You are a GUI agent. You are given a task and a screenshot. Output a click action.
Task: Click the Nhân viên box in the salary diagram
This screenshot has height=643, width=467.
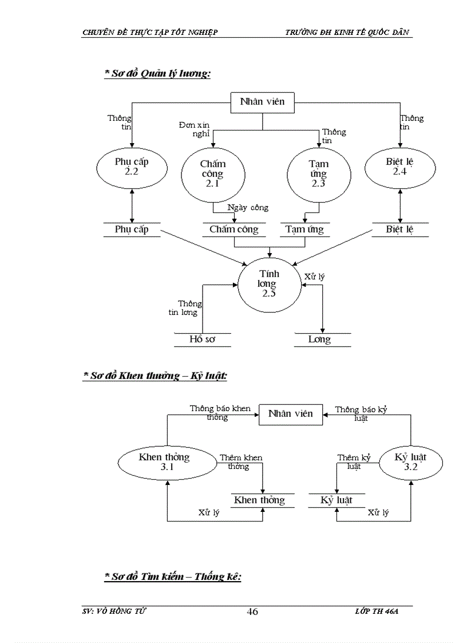coord(262,102)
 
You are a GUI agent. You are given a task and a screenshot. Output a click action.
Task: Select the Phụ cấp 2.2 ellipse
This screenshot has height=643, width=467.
coord(132,166)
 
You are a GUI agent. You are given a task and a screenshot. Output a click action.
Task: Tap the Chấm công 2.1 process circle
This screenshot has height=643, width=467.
coord(212,173)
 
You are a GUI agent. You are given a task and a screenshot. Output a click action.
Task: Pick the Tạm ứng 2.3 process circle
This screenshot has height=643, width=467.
coord(318,173)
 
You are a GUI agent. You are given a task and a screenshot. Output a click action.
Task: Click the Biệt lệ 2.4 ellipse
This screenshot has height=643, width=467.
coord(399,166)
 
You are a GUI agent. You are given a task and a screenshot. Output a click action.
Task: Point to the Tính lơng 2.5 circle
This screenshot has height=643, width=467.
coord(269,283)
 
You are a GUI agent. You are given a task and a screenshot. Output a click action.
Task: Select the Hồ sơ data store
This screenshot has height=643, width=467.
coord(202,340)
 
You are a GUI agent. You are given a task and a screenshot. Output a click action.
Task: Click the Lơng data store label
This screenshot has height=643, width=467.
coord(319,340)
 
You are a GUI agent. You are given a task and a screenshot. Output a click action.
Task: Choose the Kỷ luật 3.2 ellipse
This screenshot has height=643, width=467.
coord(411,462)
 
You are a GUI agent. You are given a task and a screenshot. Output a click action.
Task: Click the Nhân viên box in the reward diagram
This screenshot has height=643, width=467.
coord(291,413)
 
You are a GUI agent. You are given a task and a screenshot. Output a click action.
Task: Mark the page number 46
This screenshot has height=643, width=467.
coord(252,612)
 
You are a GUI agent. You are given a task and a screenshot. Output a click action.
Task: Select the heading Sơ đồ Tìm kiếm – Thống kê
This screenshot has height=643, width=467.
coord(173,577)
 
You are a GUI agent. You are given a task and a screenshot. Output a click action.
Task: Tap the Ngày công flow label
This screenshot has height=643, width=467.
coord(248,208)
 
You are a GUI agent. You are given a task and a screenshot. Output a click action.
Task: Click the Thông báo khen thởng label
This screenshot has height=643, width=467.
coord(220,413)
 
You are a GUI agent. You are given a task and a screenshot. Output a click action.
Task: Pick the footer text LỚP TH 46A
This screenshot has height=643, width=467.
coord(376,612)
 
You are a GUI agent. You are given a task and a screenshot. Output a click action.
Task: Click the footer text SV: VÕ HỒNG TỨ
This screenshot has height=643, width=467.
coord(114,612)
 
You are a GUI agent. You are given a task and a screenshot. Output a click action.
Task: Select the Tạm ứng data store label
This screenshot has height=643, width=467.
coord(304,230)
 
